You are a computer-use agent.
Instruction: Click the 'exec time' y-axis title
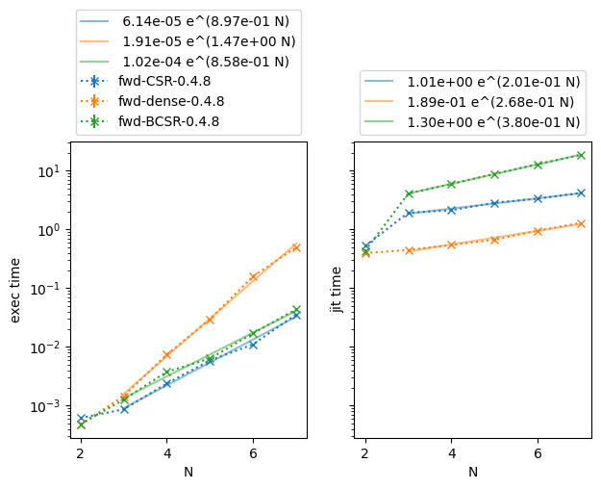[15, 292]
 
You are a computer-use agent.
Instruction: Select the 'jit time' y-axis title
[337, 292]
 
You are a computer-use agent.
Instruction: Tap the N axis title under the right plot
[472, 472]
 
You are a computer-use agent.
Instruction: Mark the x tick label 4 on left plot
[166, 452]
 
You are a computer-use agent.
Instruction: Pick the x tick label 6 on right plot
[538, 452]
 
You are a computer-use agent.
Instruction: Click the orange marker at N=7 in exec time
[296, 247]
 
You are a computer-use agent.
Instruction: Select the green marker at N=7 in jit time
[581, 155]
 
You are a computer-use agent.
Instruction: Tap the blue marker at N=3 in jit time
[409, 213]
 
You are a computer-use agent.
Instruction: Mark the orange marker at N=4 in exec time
[166, 355]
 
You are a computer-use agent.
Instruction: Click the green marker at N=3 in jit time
[409, 193]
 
